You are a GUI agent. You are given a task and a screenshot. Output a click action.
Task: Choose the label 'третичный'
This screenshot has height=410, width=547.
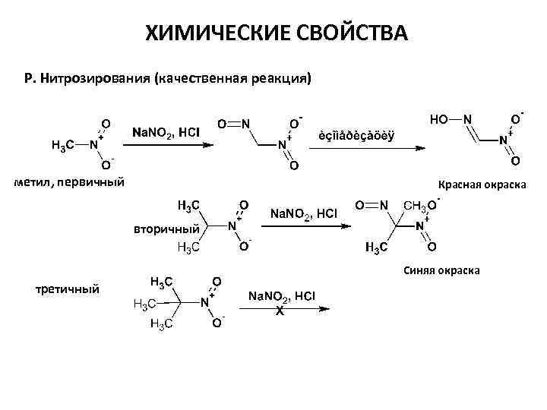click(68, 289)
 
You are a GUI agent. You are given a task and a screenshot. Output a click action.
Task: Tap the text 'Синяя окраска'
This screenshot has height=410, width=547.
click(441, 270)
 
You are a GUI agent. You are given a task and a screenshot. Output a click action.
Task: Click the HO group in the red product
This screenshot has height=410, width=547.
click(439, 119)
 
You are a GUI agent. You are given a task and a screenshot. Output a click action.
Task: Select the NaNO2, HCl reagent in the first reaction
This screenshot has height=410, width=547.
click(166, 132)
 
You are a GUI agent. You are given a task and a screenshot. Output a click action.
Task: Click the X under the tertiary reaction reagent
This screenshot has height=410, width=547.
click(280, 311)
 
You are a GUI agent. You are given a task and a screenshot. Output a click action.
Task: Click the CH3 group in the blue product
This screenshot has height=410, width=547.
click(415, 205)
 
